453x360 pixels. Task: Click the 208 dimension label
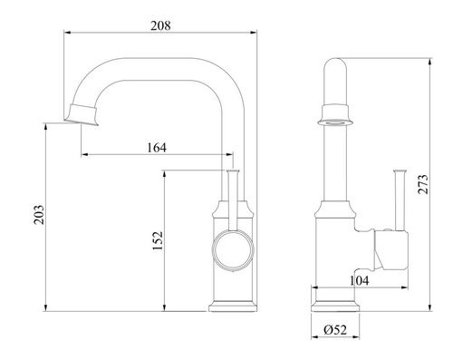pos(160,25)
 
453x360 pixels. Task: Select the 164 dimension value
pos(157,148)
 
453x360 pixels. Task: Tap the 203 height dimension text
pos(38,215)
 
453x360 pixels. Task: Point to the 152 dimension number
pos(158,240)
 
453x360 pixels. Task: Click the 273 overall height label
pos(423,184)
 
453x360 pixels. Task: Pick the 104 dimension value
pos(359,280)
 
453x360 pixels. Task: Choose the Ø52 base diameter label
pos(335,329)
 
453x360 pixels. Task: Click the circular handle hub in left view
pos(233,249)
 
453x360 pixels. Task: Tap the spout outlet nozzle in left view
pos(82,115)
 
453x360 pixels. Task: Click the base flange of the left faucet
pos(233,306)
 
